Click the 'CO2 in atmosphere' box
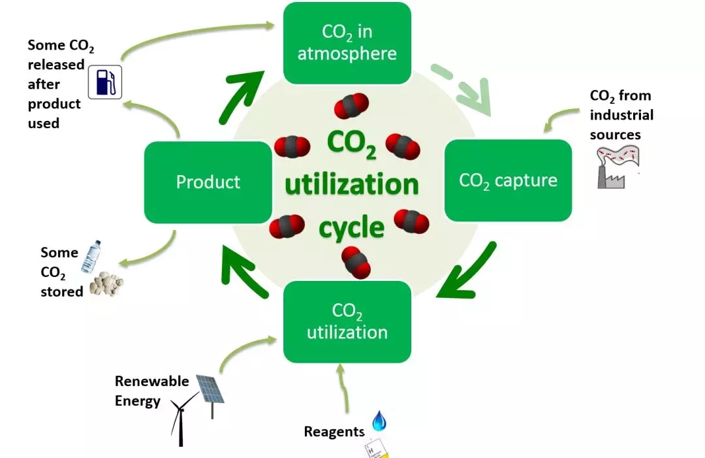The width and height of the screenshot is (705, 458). tap(347, 43)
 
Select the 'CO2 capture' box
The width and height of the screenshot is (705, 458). tap(508, 180)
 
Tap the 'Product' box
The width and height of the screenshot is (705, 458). tap(208, 182)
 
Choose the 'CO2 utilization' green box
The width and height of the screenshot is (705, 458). tap(347, 321)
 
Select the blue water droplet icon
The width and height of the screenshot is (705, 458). tap(379, 421)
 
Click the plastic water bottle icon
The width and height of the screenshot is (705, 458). tap(88, 257)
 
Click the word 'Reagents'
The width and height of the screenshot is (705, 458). tap(334, 432)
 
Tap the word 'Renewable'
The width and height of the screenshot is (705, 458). tap(151, 381)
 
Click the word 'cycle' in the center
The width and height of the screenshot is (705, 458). tap(351, 228)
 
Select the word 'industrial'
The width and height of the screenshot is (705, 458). tap(621, 115)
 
